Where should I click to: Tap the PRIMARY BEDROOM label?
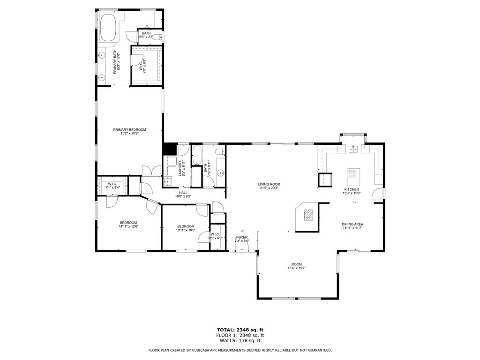pyautogui.click(x=129, y=129)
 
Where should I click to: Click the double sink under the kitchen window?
pyautogui.click(x=352, y=149)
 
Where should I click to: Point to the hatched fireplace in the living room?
pyautogui.click(x=308, y=215)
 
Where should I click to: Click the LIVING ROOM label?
pyautogui.click(x=269, y=184)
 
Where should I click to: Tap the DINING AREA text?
pyautogui.click(x=352, y=224)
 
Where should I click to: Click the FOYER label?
pyautogui.click(x=242, y=238)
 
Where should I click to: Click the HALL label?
pyautogui.click(x=183, y=192)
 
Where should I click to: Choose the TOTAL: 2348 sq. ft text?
pyautogui.click(x=240, y=330)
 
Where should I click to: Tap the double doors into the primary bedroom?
pyautogui.click(x=151, y=171)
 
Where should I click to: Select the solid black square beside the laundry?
pyautogui.click(x=169, y=149)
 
